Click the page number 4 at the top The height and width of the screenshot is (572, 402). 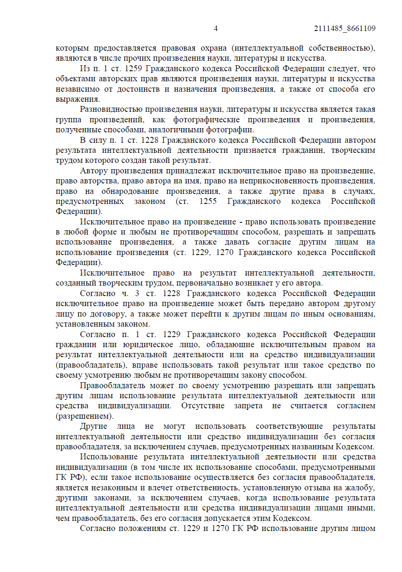216,28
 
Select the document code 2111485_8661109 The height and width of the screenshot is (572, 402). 345,28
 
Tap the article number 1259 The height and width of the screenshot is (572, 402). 133,68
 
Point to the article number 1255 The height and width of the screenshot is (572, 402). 208,201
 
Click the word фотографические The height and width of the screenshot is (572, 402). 206,119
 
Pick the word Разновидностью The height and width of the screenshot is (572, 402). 111,109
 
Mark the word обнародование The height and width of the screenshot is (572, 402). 130,191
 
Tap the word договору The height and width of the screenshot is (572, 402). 106,314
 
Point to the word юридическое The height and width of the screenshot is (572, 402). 148,345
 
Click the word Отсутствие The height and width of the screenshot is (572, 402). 203,406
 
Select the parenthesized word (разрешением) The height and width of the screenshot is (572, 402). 85,416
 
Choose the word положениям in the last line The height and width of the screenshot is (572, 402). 142,528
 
